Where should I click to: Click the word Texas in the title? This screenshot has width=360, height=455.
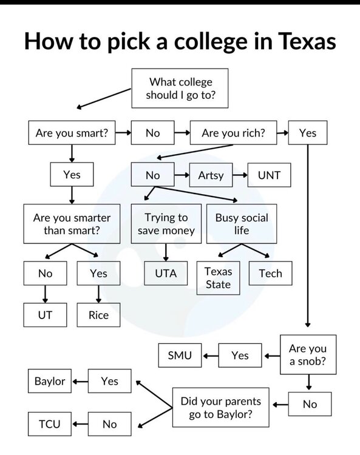pyautogui.click(x=307, y=41)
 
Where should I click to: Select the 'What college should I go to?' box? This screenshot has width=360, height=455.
pyautogui.click(x=180, y=88)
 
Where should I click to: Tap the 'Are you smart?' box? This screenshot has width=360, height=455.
pyautogui.click(x=72, y=133)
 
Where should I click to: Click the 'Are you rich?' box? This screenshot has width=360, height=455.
pyautogui.click(x=233, y=133)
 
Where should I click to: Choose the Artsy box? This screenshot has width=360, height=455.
pyautogui.click(x=211, y=175)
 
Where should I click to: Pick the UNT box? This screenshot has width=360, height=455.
pyautogui.click(x=269, y=175)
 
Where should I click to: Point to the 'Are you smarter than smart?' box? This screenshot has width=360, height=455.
pyautogui.click(x=72, y=224)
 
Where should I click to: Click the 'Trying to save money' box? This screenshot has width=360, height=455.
pyautogui.click(x=166, y=224)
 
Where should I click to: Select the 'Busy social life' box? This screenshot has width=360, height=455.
pyautogui.click(x=242, y=224)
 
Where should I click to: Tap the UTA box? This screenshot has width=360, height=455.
pyautogui.click(x=166, y=274)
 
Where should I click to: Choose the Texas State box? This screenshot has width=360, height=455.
pyautogui.click(x=219, y=278)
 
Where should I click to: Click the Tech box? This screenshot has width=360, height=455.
pyautogui.click(x=271, y=274)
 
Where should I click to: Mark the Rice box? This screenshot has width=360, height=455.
pyautogui.click(x=98, y=315)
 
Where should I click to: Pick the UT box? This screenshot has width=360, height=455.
pyautogui.click(x=45, y=315)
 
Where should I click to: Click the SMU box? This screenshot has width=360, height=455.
pyautogui.click(x=180, y=356)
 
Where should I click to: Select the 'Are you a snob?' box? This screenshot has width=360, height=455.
pyautogui.click(x=308, y=355)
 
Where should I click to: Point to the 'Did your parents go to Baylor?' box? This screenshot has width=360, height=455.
pyautogui.click(x=221, y=408)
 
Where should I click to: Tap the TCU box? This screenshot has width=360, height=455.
pyautogui.click(x=50, y=424)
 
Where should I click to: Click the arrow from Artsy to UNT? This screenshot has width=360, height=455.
pyautogui.click(x=240, y=175)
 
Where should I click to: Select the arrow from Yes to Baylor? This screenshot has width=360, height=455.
pyautogui.click(x=80, y=382)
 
